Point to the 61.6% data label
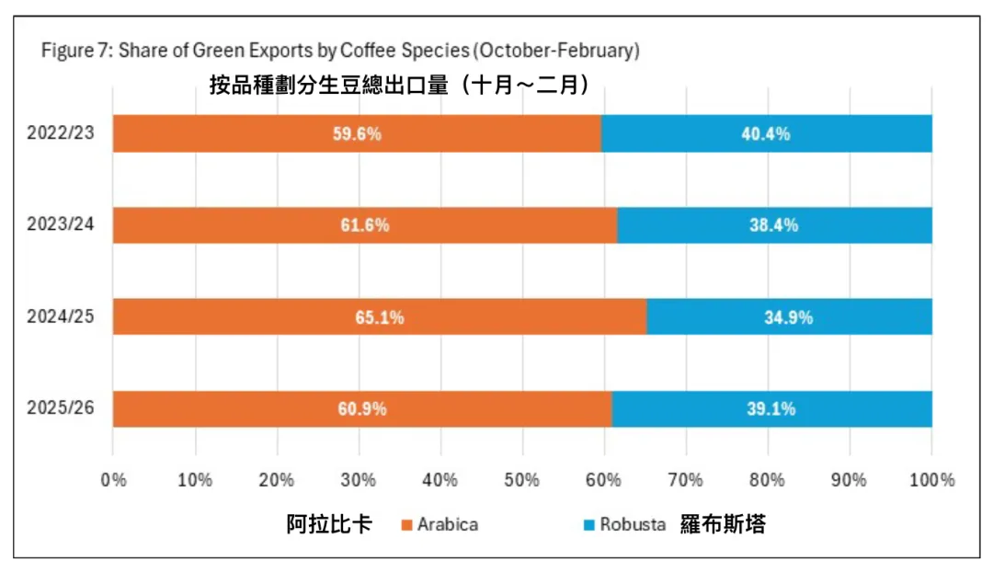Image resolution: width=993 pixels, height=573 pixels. click(x=365, y=225)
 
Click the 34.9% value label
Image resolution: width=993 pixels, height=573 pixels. click(x=789, y=317)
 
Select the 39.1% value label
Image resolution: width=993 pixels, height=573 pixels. click(x=771, y=408)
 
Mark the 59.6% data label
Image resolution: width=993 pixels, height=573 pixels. click(x=357, y=133)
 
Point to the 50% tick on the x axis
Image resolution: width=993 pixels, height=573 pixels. click(x=522, y=479)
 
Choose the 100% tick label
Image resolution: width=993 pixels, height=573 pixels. click(x=930, y=479)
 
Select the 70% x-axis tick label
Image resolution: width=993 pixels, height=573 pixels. click(x=686, y=479)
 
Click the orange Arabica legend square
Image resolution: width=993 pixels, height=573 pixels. click(x=406, y=526)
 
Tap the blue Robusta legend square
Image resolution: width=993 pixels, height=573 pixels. click(x=589, y=526)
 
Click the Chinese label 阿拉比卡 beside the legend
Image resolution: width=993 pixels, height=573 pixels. click(x=329, y=525)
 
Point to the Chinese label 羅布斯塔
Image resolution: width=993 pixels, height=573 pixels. click(x=724, y=525)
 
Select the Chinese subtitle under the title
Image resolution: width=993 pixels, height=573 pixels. click(x=399, y=85)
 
